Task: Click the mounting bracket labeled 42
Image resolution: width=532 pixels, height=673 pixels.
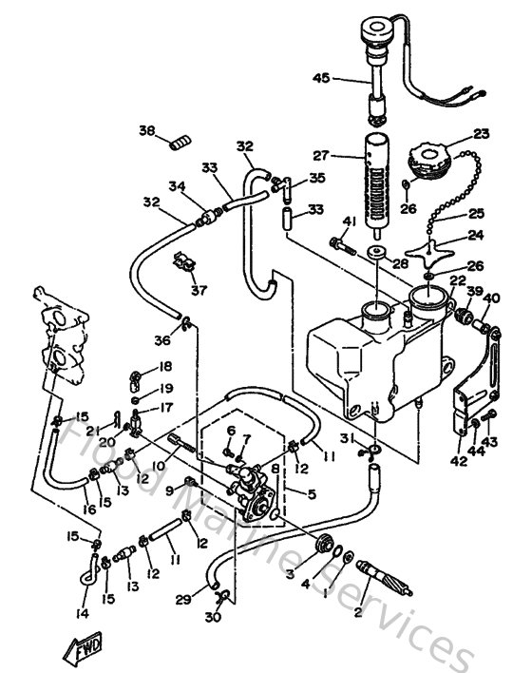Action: coord(472,399)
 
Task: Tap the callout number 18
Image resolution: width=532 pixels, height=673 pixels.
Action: coord(165,366)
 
